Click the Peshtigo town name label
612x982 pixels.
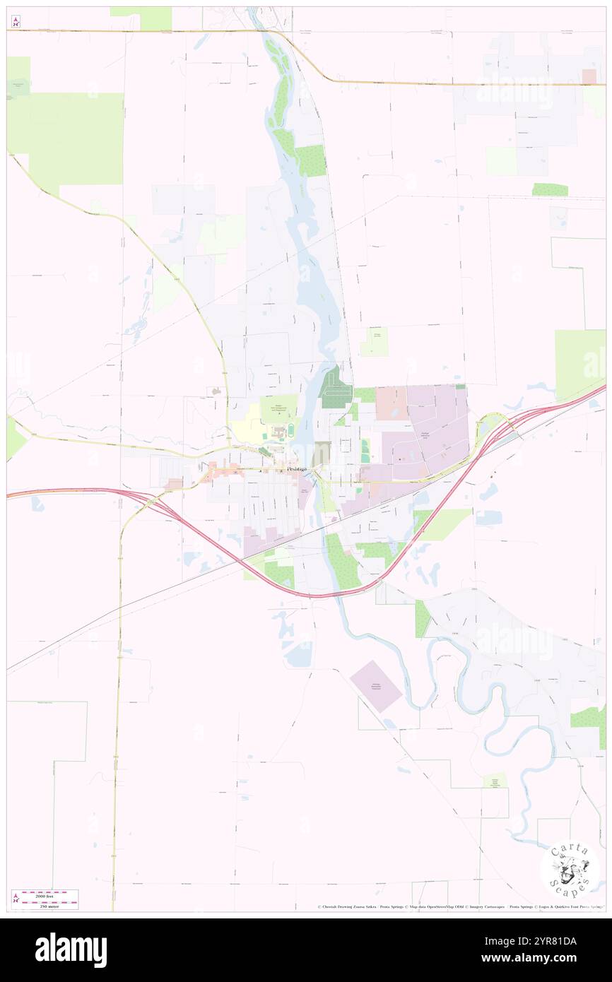click(x=297, y=470)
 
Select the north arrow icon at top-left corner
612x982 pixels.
click(x=16, y=22)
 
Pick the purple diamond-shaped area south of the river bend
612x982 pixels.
click(x=376, y=686)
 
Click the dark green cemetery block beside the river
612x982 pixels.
click(x=333, y=389)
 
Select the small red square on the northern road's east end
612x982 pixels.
click(x=589, y=76)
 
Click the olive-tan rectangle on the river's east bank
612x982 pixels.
click(x=322, y=453)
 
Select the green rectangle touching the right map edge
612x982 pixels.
click(x=581, y=364)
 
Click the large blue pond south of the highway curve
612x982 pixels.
click(x=300, y=656)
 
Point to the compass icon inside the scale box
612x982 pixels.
click(x=16, y=899)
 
